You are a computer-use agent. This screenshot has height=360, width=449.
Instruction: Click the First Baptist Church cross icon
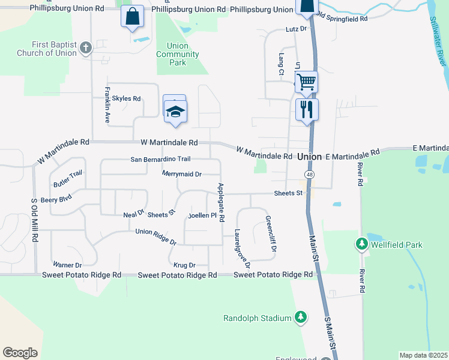click(86, 47)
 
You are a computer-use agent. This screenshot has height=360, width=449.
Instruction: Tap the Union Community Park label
click(177, 54)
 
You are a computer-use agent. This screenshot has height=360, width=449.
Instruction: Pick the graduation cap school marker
click(175, 112)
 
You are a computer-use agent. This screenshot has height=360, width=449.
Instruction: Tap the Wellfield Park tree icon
click(361, 244)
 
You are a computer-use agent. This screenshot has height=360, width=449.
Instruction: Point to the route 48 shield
click(309, 174)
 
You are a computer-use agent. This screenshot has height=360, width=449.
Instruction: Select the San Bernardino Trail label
click(160, 159)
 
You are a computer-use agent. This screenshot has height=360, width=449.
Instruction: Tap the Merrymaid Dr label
click(181, 174)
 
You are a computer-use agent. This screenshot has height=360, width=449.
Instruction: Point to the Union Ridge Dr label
click(155, 236)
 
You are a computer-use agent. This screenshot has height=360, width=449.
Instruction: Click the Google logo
click(20, 353)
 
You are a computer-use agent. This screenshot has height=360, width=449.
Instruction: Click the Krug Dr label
click(184, 265)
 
